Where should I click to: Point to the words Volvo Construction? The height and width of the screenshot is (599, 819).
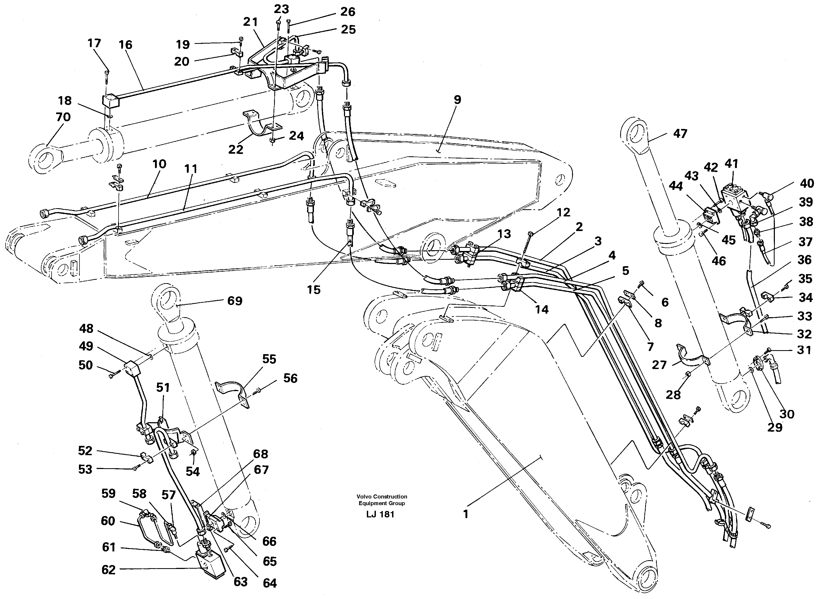coord(381,496)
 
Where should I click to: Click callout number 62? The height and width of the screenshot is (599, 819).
coord(108,570)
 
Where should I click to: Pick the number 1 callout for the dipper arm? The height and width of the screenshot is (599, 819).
coord(466,514)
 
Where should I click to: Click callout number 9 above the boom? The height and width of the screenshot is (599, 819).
coord(457,100)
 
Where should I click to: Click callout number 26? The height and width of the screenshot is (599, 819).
coord(347,12)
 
